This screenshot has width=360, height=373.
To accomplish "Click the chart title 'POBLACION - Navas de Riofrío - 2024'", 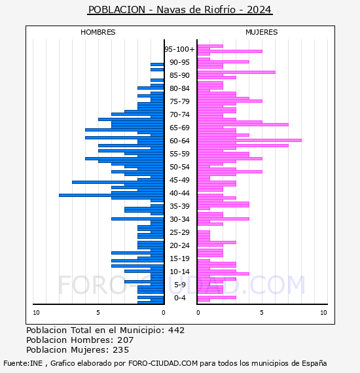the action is [x=180, y=10].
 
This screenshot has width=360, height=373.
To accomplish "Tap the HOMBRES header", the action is [x=98, y=32].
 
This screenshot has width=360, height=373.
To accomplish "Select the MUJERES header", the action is [x=262, y=32].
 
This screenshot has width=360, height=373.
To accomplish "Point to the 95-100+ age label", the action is [x=179, y=49].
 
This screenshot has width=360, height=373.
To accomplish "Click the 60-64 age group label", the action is [x=179, y=141].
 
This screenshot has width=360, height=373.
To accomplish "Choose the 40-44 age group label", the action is [x=179, y=193].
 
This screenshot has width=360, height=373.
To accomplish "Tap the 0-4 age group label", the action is [x=179, y=298].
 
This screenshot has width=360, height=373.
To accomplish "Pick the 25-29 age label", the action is [x=179, y=232].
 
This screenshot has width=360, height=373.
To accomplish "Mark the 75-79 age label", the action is [x=179, y=101].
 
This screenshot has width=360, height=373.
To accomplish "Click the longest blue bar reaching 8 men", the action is [x=111, y=195].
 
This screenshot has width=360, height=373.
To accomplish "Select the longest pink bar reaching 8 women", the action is [x=249, y=140].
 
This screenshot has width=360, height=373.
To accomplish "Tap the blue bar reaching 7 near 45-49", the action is [x=118, y=182].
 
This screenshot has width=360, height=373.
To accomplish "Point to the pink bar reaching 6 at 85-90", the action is [x=236, y=73].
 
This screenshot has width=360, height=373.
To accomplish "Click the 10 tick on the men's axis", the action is [x=36, y=313].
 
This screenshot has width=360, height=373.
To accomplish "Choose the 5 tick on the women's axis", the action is [x=262, y=313].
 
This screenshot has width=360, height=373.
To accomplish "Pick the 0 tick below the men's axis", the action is [x=163, y=313].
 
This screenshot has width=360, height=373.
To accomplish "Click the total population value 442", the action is [x=176, y=330].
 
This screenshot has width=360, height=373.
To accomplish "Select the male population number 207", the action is [x=126, y=340].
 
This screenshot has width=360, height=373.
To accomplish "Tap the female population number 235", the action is [x=121, y=349].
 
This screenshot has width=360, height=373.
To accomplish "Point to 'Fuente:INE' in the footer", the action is [x=23, y=363].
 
